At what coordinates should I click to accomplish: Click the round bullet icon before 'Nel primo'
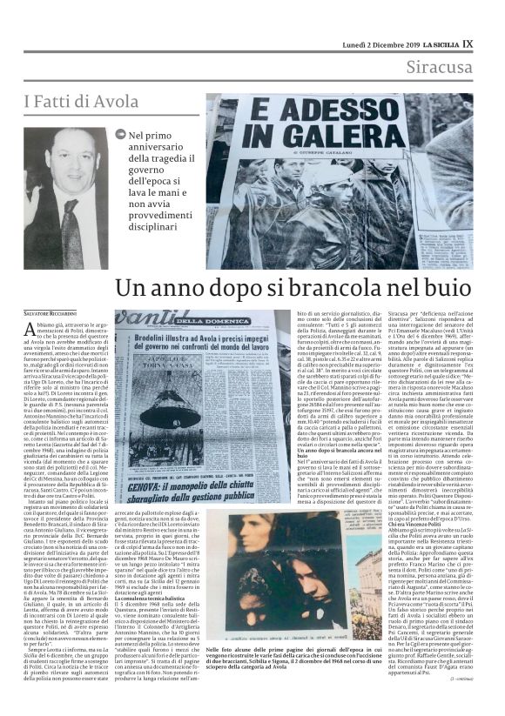pos(121,135)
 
